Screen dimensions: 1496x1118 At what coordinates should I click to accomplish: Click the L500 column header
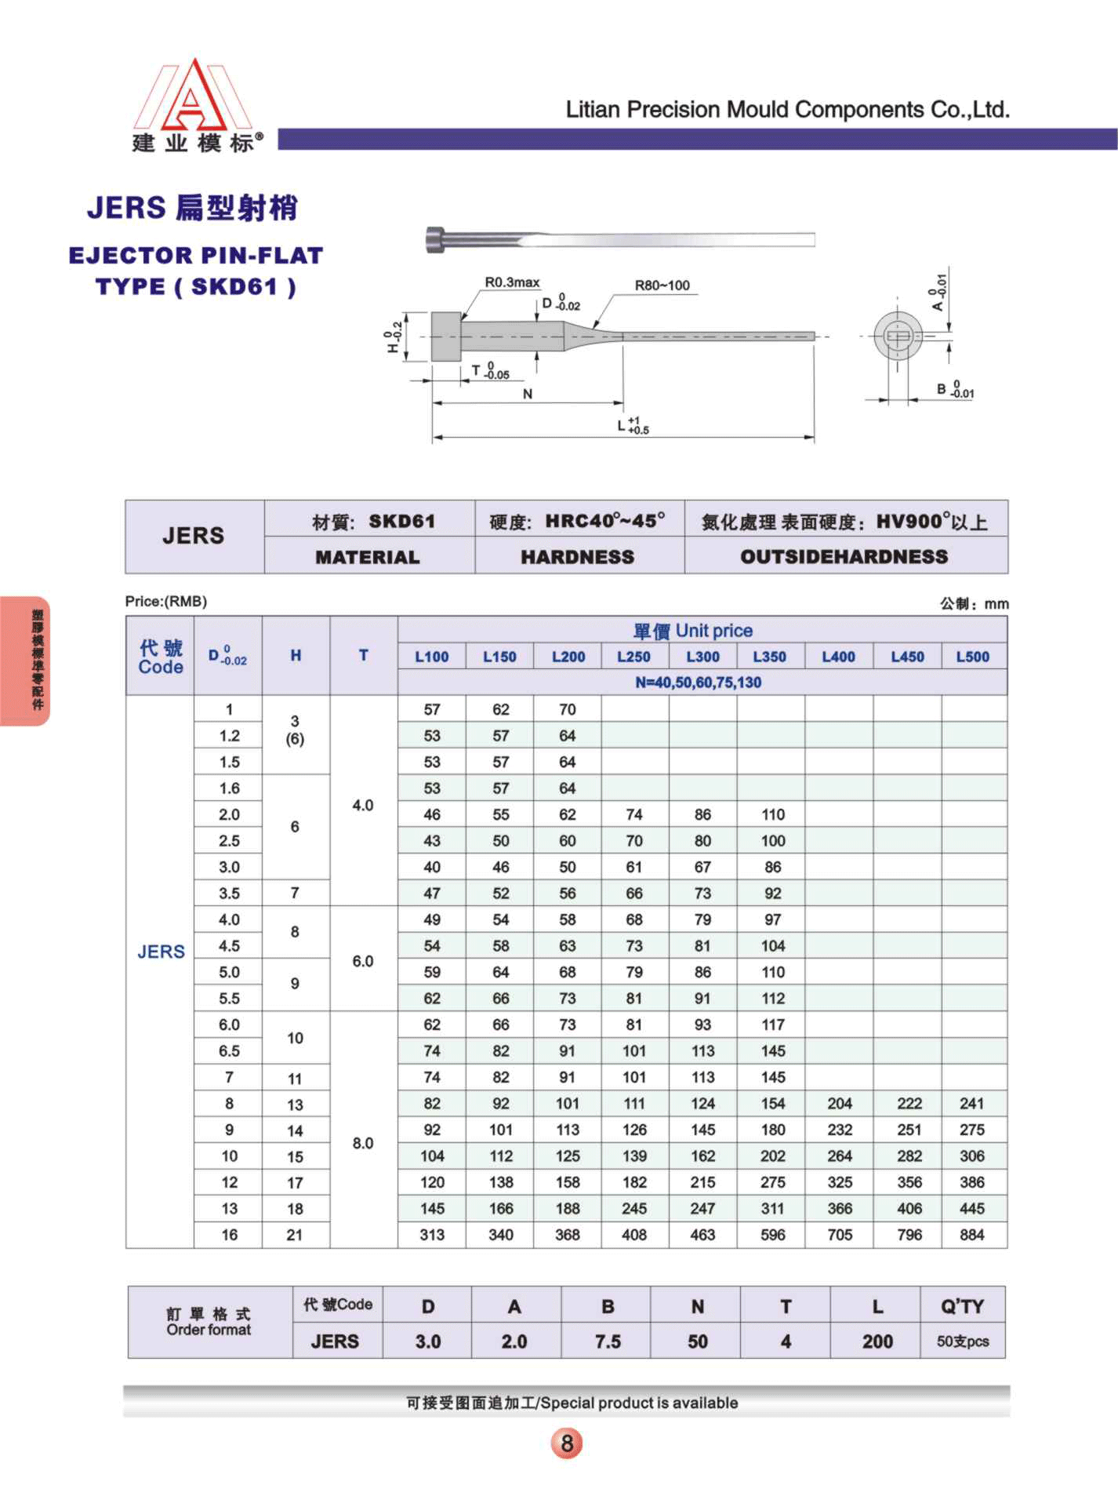972,657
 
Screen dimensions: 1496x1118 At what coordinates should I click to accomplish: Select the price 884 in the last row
971,1235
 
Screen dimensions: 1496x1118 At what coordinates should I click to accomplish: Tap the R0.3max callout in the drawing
512,282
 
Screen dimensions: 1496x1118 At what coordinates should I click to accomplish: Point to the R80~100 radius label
662,286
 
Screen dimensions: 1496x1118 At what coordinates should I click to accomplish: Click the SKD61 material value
401,521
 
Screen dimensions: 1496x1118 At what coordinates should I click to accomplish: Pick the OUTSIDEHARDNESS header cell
844,556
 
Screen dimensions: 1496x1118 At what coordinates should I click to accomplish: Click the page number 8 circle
566,1442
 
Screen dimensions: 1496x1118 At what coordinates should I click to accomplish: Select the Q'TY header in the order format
962,1306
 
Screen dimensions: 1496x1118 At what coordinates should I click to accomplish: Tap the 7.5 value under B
608,1341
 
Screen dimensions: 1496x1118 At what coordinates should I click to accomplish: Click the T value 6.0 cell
363,961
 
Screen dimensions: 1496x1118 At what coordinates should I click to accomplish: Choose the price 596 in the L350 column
772,1235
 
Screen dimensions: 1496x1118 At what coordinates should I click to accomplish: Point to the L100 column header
432,657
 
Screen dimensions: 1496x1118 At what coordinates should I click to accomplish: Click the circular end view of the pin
898,336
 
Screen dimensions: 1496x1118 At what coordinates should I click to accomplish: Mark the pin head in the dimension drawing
446,337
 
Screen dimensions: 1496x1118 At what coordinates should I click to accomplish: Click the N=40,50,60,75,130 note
698,682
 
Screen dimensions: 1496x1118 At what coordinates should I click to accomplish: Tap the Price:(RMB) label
166,602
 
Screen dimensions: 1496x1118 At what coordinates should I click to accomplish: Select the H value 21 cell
295,1235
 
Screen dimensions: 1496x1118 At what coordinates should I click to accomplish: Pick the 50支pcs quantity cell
962,1341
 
